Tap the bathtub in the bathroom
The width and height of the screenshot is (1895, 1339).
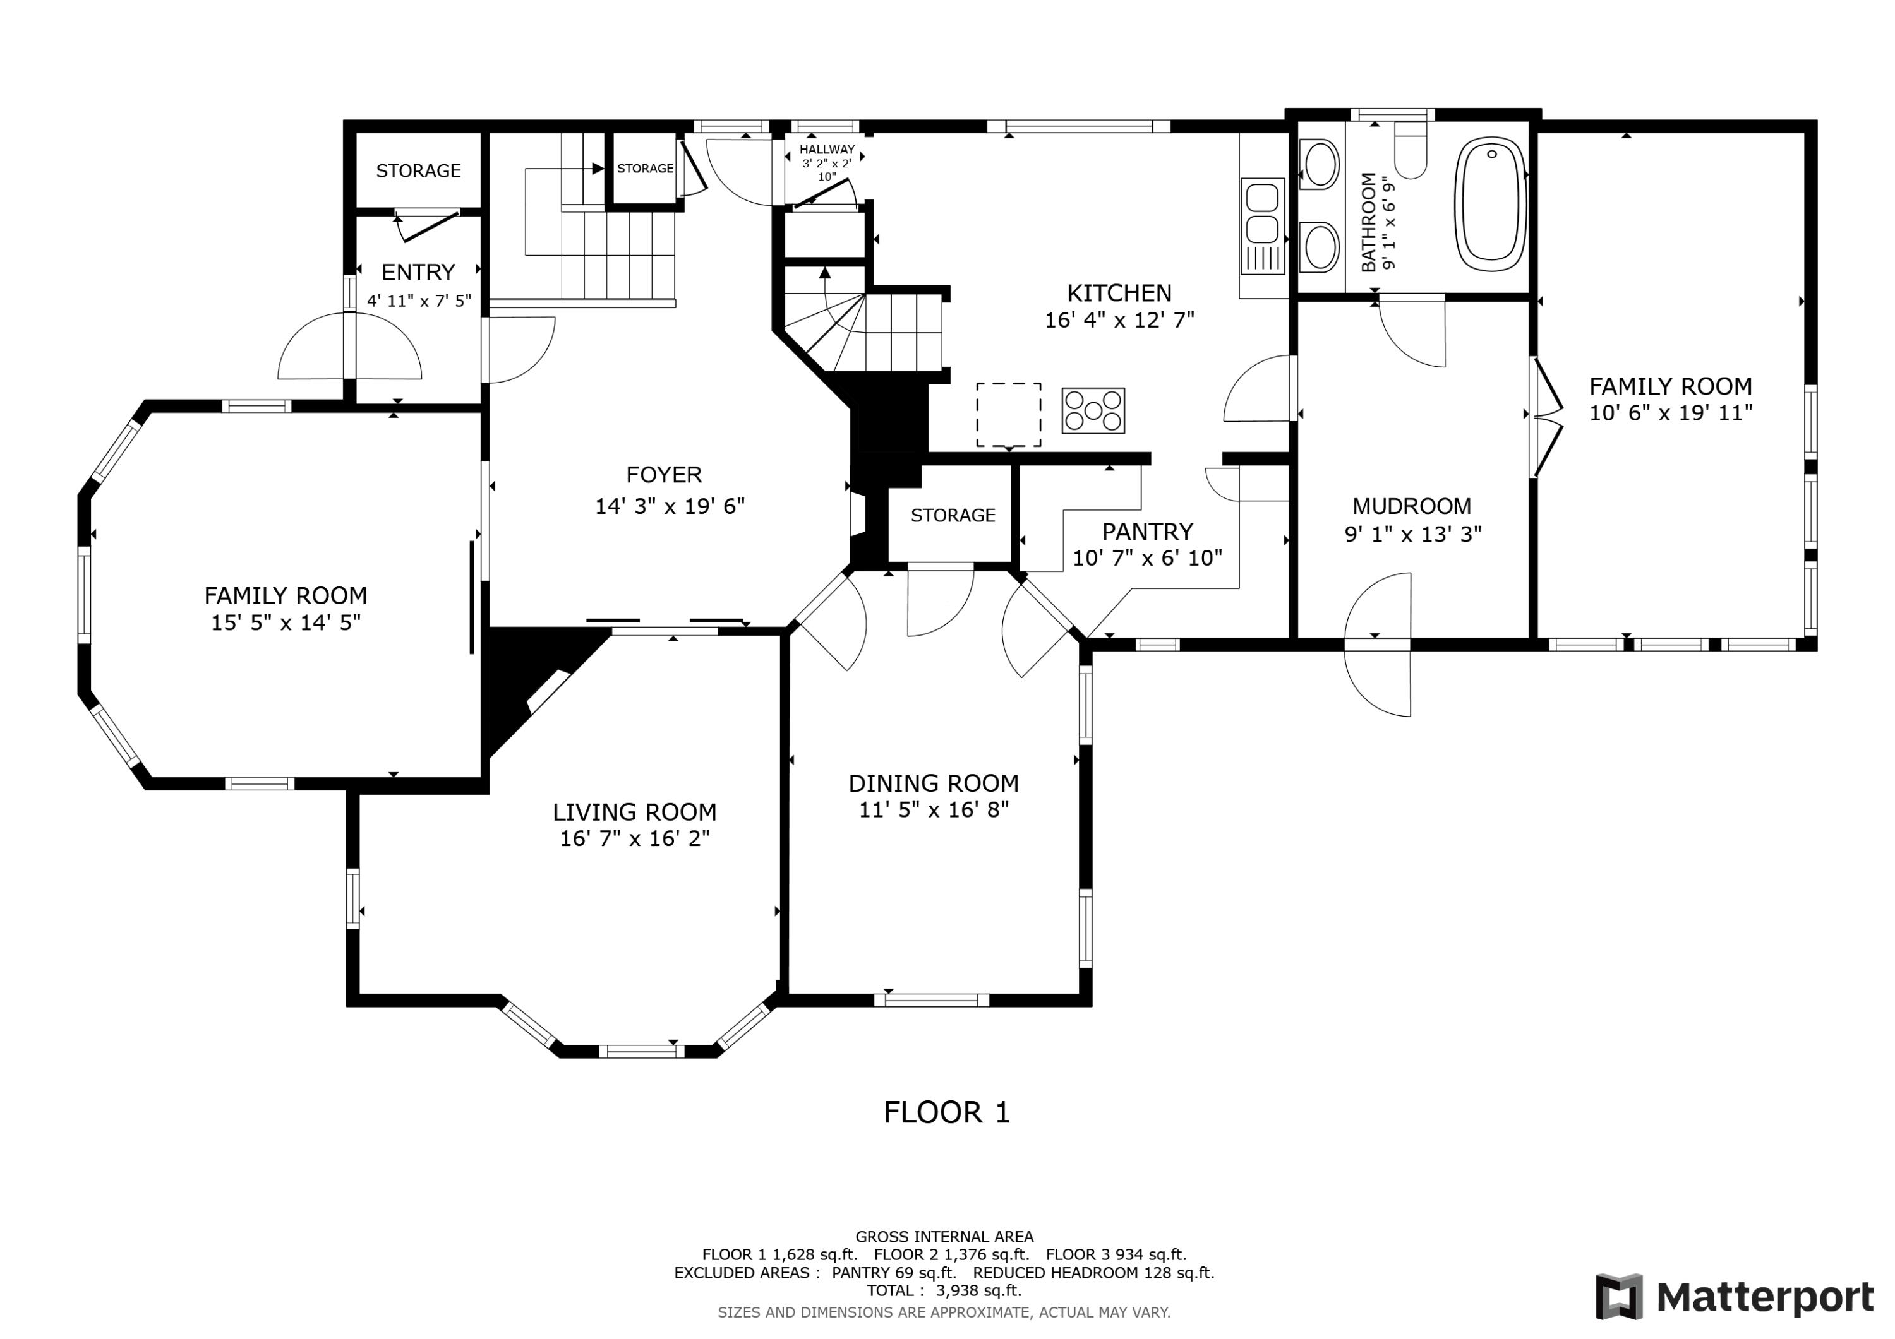(x=1491, y=204)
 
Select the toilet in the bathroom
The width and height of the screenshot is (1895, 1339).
(x=1411, y=151)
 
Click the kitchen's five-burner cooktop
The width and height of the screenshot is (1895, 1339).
(x=1093, y=411)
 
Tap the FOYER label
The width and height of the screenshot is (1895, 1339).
(x=664, y=475)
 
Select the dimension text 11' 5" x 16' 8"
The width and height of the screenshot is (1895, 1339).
(x=934, y=809)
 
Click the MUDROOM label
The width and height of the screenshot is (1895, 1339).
(x=1411, y=506)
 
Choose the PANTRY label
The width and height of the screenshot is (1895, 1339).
(x=1147, y=532)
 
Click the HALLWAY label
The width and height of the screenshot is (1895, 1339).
(x=827, y=150)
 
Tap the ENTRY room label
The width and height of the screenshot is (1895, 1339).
(x=418, y=272)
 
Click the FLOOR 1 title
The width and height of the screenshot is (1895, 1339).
(x=947, y=1113)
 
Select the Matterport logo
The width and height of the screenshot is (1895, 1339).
(x=1734, y=1298)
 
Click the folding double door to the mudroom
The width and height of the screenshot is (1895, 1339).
(x=1548, y=417)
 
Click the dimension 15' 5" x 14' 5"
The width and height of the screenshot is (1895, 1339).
(x=286, y=623)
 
